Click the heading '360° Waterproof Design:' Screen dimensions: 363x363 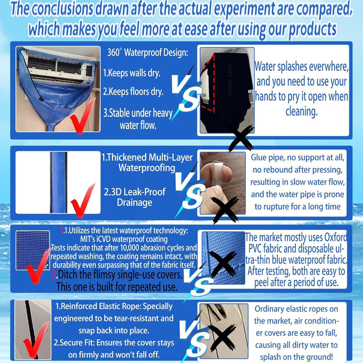click(x=147, y=53)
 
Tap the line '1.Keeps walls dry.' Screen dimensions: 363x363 click(x=132, y=73)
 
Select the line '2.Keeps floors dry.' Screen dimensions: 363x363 click(x=133, y=92)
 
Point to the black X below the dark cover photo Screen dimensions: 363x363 click(x=241, y=138)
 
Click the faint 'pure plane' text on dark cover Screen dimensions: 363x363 click(x=230, y=80)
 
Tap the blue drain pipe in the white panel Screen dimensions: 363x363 click(x=58, y=183)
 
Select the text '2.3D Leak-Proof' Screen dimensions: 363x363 click(x=135, y=192)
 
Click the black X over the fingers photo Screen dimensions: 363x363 click(x=224, y=210)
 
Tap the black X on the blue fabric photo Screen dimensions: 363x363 click(x=223, y=264)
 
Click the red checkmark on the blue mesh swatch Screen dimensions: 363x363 click(x=38, y=266)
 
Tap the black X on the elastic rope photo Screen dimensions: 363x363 click(x=222, y=337)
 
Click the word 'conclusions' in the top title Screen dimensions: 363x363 click(x=62, y=9)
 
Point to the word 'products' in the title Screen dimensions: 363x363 click(x=313, y=30)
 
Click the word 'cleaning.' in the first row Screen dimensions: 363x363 click(x=301, y=111)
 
